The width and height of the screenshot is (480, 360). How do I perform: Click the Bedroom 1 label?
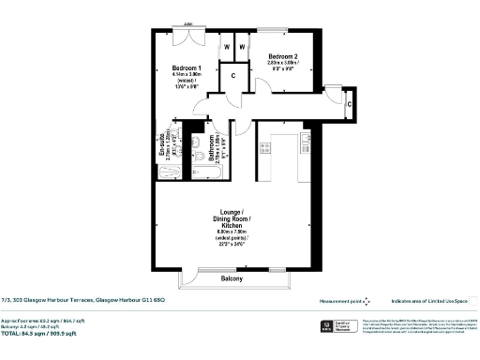click(187, 68)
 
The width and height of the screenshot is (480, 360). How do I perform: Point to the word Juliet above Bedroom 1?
click(188, 24)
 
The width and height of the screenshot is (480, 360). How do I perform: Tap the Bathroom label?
click(212, 150)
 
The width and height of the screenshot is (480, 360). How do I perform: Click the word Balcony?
click(232, 278)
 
